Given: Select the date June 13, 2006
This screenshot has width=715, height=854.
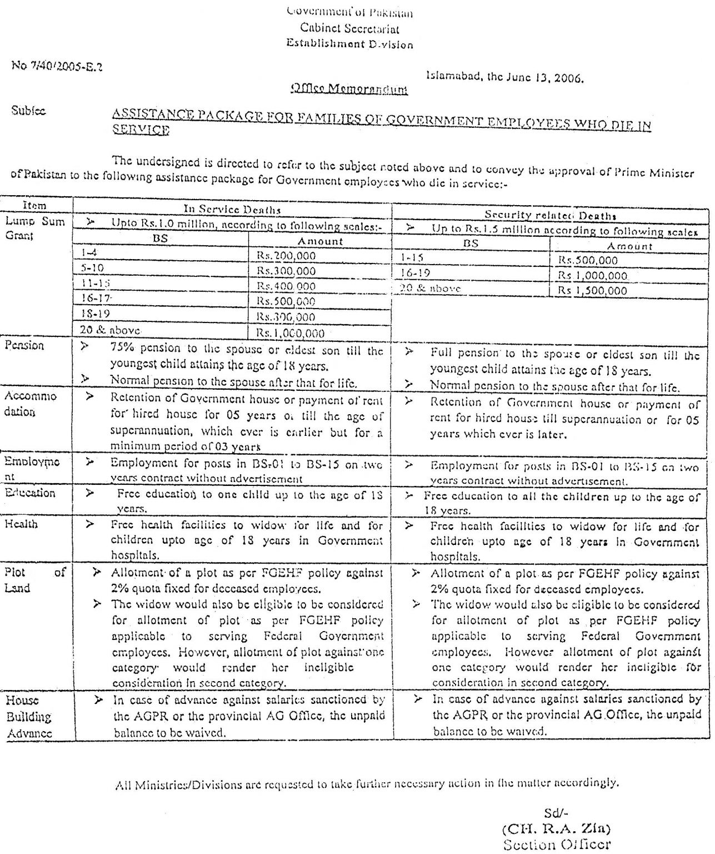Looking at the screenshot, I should click(x=542, y=78).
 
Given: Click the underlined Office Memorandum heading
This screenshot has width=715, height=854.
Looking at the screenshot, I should click(x=349, y=89).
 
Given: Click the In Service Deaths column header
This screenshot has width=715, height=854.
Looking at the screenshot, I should click(x=232, y=210).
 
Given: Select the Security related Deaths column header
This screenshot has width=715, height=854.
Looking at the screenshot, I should click(x=550, y=215).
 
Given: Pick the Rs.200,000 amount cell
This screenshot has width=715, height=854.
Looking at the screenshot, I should click(x=286, y=256).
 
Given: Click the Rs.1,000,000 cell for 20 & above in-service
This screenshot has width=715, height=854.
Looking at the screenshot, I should click(x=290, y=333).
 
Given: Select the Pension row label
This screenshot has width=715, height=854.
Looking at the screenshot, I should click(x=24, y=345).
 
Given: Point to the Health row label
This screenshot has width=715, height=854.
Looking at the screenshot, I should click(x=21, y=524).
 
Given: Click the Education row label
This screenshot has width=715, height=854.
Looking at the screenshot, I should click(x=30, y=493).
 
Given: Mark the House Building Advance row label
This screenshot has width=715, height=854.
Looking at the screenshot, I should click(x=29, y=717).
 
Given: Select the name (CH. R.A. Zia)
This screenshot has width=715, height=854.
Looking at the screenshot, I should click(x=556, y=828).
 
